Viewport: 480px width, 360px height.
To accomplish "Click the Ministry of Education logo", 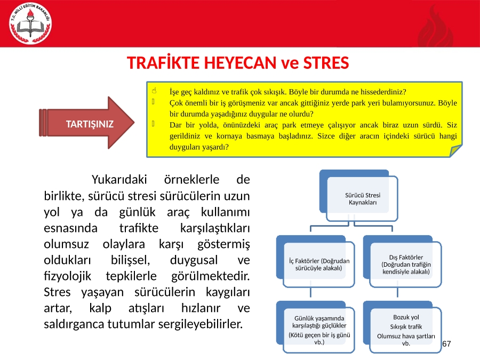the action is (30, 23).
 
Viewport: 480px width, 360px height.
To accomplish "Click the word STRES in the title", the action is (326, 63).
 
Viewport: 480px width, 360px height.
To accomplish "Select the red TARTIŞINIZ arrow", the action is (86, 123).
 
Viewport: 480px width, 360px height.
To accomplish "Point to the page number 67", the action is (446, 343).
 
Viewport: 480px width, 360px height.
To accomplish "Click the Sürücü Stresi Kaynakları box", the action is (358, 196).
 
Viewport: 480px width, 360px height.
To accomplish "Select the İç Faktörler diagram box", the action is (315, 261).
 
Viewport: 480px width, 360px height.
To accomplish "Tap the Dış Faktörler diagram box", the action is (402, 261).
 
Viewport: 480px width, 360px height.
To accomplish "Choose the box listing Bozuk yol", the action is (402, 327).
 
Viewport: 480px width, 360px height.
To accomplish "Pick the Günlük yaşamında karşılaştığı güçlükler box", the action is (315, 327).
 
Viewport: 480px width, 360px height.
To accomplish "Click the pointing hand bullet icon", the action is (154, 91).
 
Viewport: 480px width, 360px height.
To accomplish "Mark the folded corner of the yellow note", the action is (455, 150).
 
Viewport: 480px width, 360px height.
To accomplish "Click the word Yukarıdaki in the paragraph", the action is (119, 179).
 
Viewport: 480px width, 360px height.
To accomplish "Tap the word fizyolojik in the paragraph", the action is (67, 276).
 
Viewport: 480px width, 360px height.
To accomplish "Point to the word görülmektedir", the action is (210, 276).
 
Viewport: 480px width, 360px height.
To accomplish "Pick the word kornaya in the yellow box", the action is (229, 136).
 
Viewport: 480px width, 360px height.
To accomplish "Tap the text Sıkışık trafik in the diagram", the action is (406, 326).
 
